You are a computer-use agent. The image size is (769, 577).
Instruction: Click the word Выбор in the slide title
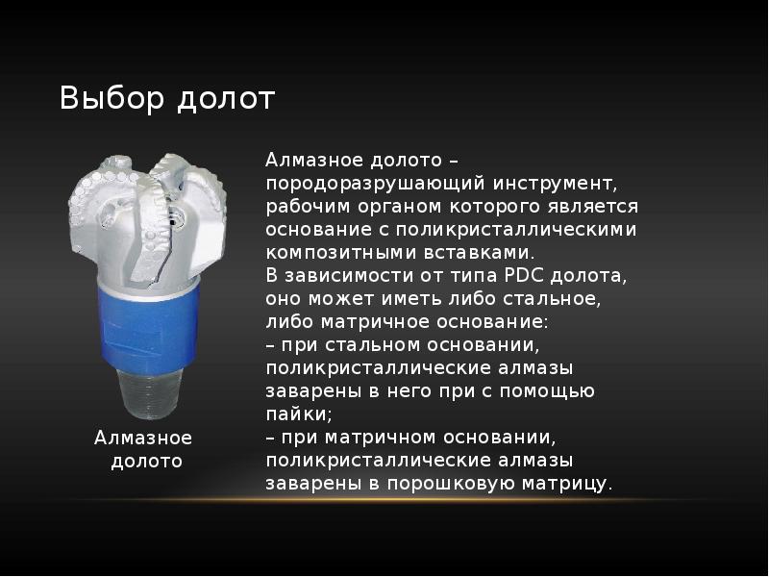point(108,98)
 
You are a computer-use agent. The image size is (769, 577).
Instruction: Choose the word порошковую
point(437,484)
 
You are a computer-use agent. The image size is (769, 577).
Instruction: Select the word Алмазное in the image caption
point(143,439)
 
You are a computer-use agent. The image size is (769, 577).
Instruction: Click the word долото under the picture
point(146,462)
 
